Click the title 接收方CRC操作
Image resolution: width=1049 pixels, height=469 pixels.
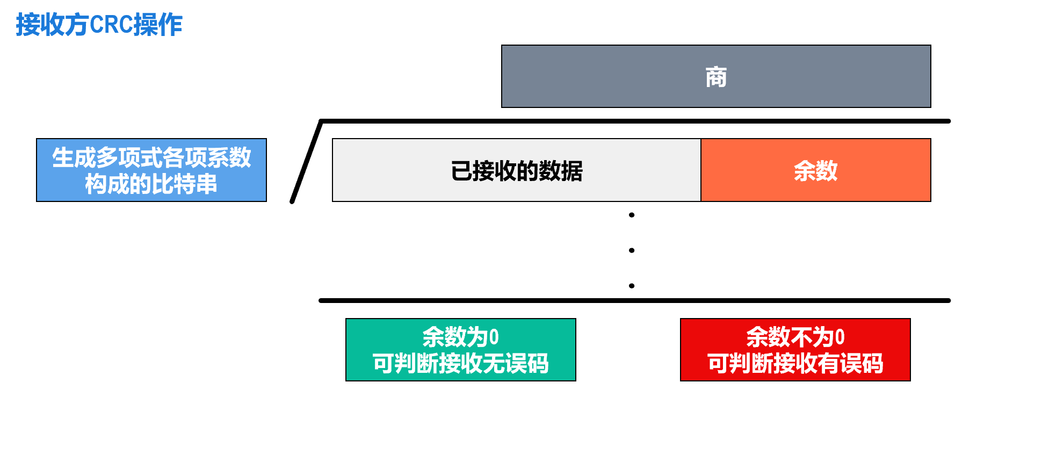[x=99, y=25]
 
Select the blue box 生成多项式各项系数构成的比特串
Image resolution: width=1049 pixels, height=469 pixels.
[x=151, y=170]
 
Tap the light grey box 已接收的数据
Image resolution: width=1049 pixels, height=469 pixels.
[x=516, y=170]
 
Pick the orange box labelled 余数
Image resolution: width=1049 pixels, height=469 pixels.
[x=815, y=170]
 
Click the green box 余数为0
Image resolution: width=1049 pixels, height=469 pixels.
[x=460, y=350]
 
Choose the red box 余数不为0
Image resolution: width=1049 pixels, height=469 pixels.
[x=795, y=350]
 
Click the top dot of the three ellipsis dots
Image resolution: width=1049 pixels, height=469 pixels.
[x=632, y=215]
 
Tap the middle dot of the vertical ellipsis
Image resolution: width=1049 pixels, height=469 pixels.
[x=632, y=250]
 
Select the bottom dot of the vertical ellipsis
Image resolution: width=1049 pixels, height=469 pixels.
[x=632, y=286]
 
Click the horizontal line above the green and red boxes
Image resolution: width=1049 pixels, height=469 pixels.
[x=634, y=301]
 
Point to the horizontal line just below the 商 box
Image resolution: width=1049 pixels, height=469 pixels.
[x=634, y=121]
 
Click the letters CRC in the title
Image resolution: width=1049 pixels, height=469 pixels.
[x=111, y=25]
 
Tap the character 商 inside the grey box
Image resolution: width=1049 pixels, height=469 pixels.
[x=716, y=77]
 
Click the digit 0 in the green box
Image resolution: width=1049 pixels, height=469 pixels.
[x=494, y=337]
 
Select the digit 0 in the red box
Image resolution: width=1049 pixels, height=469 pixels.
[x=840, y=337]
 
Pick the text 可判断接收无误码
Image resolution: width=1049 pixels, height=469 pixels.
[x=460, y=364]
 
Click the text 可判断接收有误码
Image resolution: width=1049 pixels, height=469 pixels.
[x=795, y=364]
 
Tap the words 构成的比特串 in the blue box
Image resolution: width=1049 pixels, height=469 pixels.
[x=151, y=184]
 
